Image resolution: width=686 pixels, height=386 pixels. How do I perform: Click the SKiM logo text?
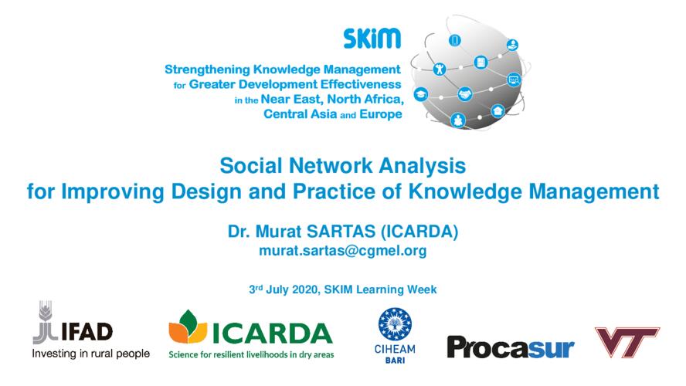(372, 39)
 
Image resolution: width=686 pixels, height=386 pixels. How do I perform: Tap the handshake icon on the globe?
(464, 94)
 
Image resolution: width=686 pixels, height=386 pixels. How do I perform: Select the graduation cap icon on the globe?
(421, 94)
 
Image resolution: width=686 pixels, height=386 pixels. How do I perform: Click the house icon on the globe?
(498, 111)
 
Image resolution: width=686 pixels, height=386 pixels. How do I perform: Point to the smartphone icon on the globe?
(455, 41)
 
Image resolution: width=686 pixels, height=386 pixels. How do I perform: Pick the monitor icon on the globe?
(514, 80)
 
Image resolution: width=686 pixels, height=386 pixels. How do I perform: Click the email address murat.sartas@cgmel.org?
(342, 250)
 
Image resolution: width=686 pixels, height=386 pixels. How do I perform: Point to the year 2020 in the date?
(305, 289)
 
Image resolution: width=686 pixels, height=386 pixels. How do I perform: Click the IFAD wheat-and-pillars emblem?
(45, 322)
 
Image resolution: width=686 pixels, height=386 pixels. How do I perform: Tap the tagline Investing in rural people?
(90, 354)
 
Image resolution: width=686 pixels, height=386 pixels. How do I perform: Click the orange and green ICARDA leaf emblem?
(188, 327)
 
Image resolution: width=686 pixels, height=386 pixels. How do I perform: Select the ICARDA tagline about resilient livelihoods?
(251, 354)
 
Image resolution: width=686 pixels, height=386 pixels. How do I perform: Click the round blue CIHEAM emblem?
(395, 324)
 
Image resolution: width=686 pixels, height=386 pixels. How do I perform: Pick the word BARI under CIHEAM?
(395, 361)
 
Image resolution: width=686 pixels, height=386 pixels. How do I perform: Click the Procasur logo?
(511, 347)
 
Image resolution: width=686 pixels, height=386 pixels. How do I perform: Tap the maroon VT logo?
(627, 342)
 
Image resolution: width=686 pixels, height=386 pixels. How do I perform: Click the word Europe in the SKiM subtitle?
(381, 114)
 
